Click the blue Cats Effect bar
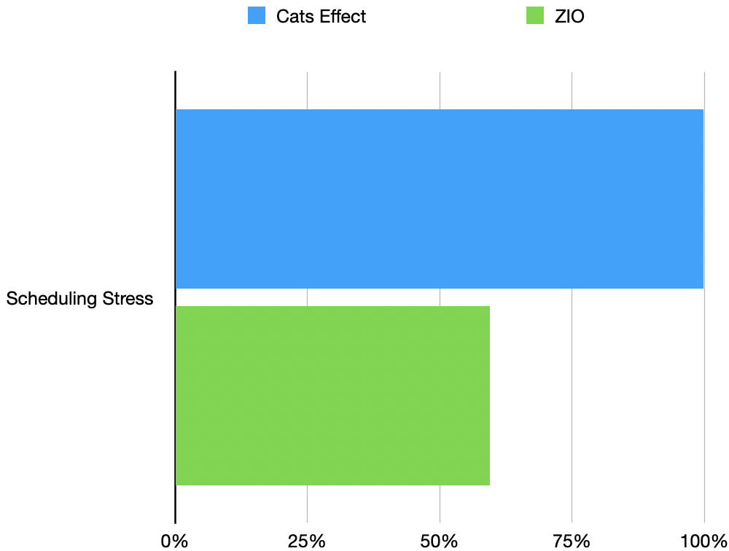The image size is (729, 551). tap(439, 198)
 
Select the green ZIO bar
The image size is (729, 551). tap(332, 395)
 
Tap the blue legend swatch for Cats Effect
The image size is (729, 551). tap(257, 16)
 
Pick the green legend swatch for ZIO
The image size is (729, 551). tap(535, 16)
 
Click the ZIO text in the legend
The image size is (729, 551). tap(569, 16)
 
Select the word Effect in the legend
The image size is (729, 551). tap(343, 16)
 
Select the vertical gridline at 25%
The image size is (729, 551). tap(307, 87)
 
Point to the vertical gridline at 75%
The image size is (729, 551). tap(572, 87)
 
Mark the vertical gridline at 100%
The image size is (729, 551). tap(704, 87)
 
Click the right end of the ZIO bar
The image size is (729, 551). tap(488, 395)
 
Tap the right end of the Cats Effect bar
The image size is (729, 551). tap(701, 198)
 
